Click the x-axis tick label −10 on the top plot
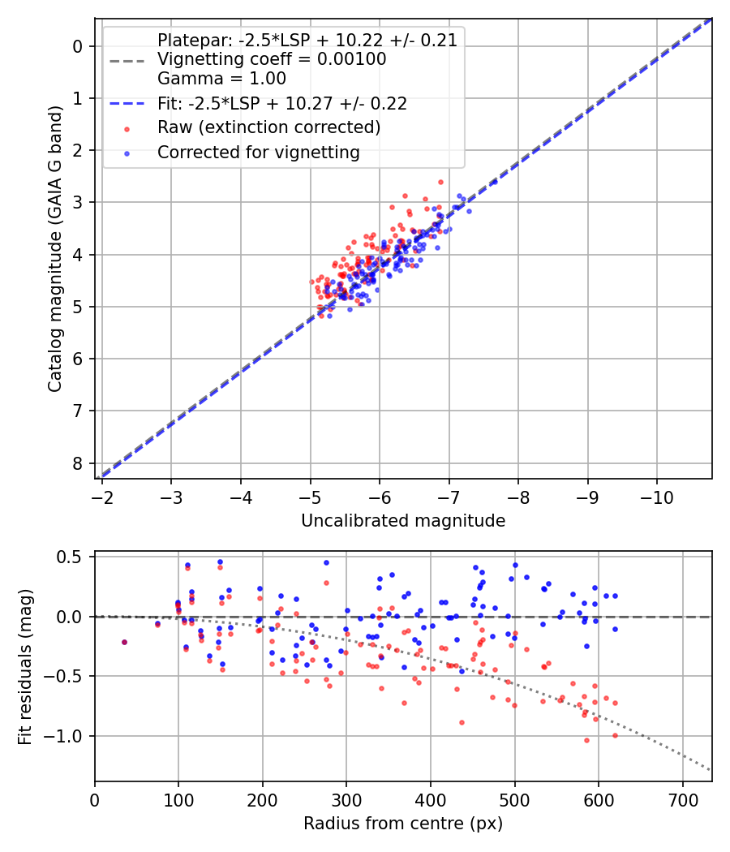pos(656,497)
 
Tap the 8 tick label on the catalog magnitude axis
pos(78,463)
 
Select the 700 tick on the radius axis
pos(683,800)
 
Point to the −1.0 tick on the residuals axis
pos(62,736)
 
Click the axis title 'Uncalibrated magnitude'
pos(403,521)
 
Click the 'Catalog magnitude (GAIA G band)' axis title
pos(55,249)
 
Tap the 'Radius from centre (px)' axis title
pos(403,824)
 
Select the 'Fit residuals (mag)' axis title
pos(25,667)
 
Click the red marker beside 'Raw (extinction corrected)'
pos(127,129)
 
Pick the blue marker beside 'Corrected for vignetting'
pos(127,154)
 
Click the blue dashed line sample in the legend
pos(127,103)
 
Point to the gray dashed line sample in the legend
pos(127,61)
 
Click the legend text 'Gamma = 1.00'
pos(221,78)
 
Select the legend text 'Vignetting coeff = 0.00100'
pos(272,58)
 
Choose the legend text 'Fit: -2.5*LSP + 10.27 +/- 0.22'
pos(282,103)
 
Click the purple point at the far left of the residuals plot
pos(124,643)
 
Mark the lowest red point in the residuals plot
pos(586,740)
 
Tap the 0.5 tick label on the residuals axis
pos(70,557)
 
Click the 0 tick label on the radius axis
pos(95,800)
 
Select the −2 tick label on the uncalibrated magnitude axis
pos(102,497)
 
